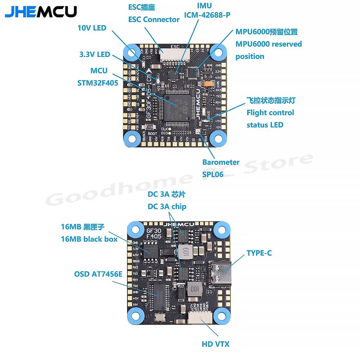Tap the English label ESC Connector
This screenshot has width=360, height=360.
(x=154, y=19)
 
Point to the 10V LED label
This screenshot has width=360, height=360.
(x=92, y=28)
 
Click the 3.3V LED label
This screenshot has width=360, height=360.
(x=95, y=55)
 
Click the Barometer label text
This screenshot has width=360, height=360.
(x=221, y=162)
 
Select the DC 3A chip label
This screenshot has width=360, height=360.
(x=167, y=207)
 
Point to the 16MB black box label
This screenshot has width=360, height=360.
(x=89, y=239)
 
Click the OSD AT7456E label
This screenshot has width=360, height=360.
(x=98, y=274)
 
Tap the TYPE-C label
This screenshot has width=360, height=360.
(x=259, y=253)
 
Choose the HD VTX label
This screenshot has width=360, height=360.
(x=215, y=344)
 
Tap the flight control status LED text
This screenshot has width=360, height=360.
(x=270, y=113)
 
